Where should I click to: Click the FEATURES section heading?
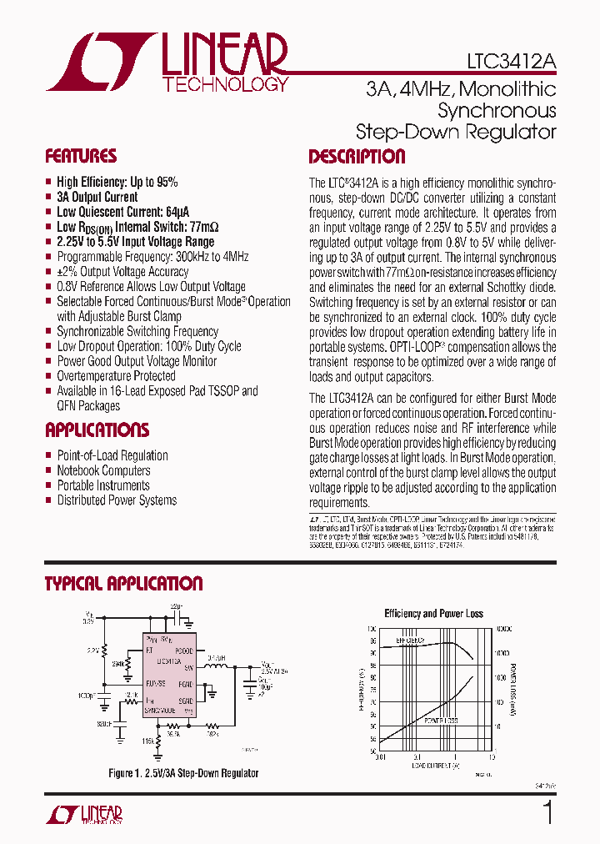pos(81,157)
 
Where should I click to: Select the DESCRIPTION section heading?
pos(357,157)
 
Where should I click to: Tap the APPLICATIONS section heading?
pos(97,430)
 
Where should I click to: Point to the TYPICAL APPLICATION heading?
pos(123,584)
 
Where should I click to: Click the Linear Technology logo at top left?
pos(167,63)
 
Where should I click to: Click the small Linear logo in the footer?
pos(83,814)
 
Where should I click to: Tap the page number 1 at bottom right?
pos(547,813)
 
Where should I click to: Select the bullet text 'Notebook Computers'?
pos(103,470)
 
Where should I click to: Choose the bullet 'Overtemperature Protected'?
pos(116,376)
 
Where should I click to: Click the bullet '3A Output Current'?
pos(97,197)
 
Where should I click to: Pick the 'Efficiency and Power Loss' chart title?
pos(433,614)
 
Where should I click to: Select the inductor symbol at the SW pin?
pos(218,667)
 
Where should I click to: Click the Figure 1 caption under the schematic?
pos(183,773)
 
